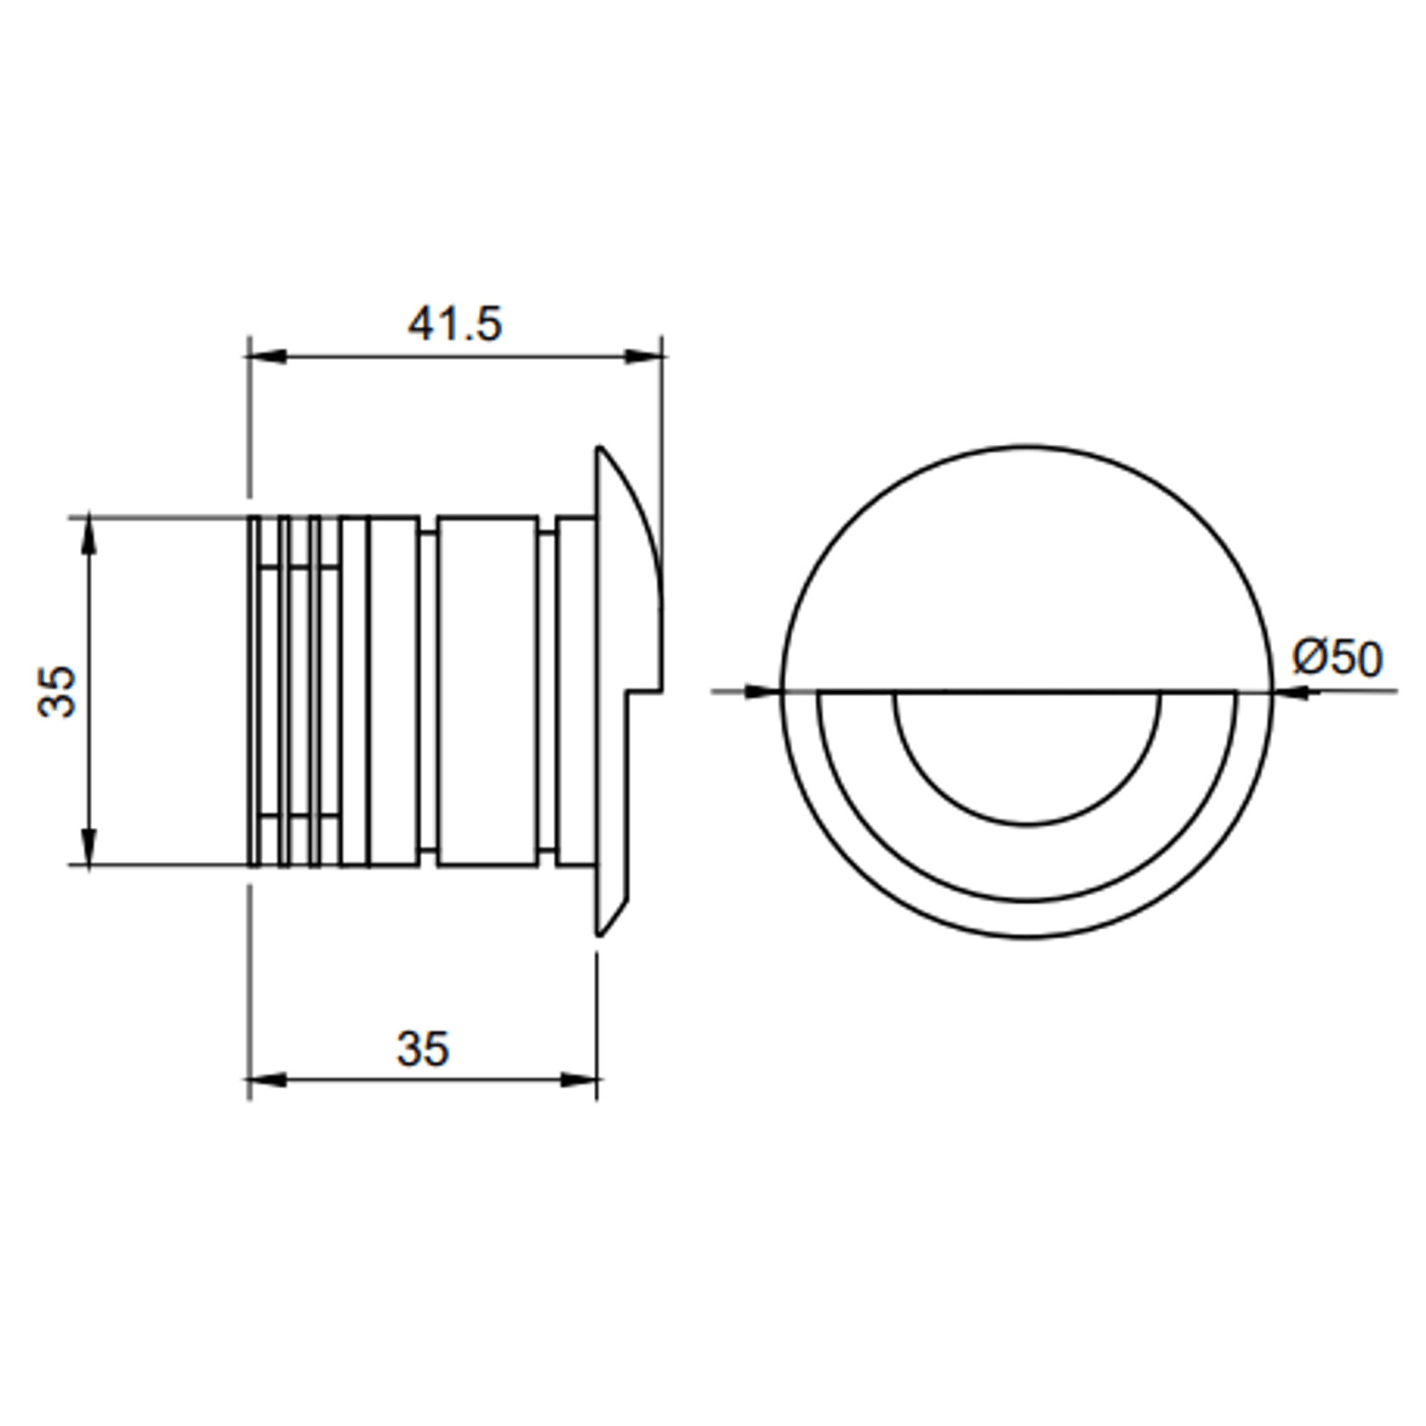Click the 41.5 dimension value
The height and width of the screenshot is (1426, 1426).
pyautogui.click(x=454, y=324)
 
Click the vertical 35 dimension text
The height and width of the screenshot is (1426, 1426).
pyautogui.click(x=58, y=691)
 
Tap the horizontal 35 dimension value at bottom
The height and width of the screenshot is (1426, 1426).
pyautogui.click(x=422, y=1049)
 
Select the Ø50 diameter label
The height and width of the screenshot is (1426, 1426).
pyautogui.click(x=1338, y=659)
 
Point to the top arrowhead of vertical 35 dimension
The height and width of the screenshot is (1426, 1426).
pyautogui.click(x=89, y=536)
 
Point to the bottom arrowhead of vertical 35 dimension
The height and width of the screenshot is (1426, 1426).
pyautogui.click(x=89, y=846)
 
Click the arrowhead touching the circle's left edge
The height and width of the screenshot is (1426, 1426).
pyautogui.click(x=762, y=691)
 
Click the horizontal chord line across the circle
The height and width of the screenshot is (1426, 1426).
pyautogui.click(x=1027, y=691)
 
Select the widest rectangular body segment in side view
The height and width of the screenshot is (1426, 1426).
pyautogui.click(x=487, y=691)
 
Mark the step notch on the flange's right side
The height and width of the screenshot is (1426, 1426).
pyautogui.click(x=645, y=691)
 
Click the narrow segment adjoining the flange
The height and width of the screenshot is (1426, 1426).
pyautogui.click(x=576, y=691)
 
